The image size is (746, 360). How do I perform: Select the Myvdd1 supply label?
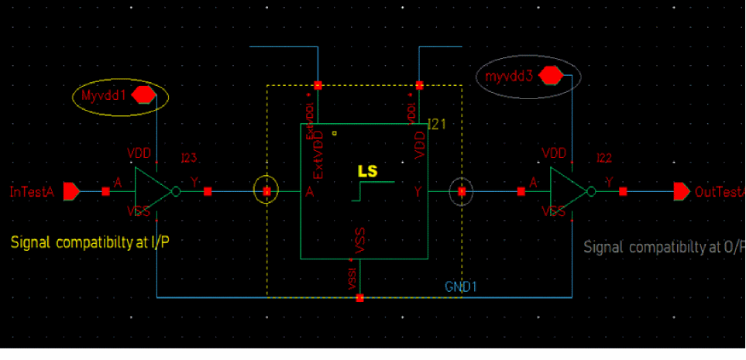(x=102, y=95)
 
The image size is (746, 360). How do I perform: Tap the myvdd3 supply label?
(x=509, y=77)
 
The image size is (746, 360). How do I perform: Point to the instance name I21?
(x=438, y=123)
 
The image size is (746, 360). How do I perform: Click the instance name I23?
(x=189, y=158)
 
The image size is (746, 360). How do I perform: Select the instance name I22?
(x=604, y=158)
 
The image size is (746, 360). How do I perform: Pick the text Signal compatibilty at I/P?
(x=90, y=242)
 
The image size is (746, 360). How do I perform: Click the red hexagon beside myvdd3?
(x=550, y=76)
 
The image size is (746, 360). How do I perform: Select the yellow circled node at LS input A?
(x=266, y=190)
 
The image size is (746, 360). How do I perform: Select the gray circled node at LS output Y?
(x=461, y=191)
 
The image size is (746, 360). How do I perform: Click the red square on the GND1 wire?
(x=360, y=297)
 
